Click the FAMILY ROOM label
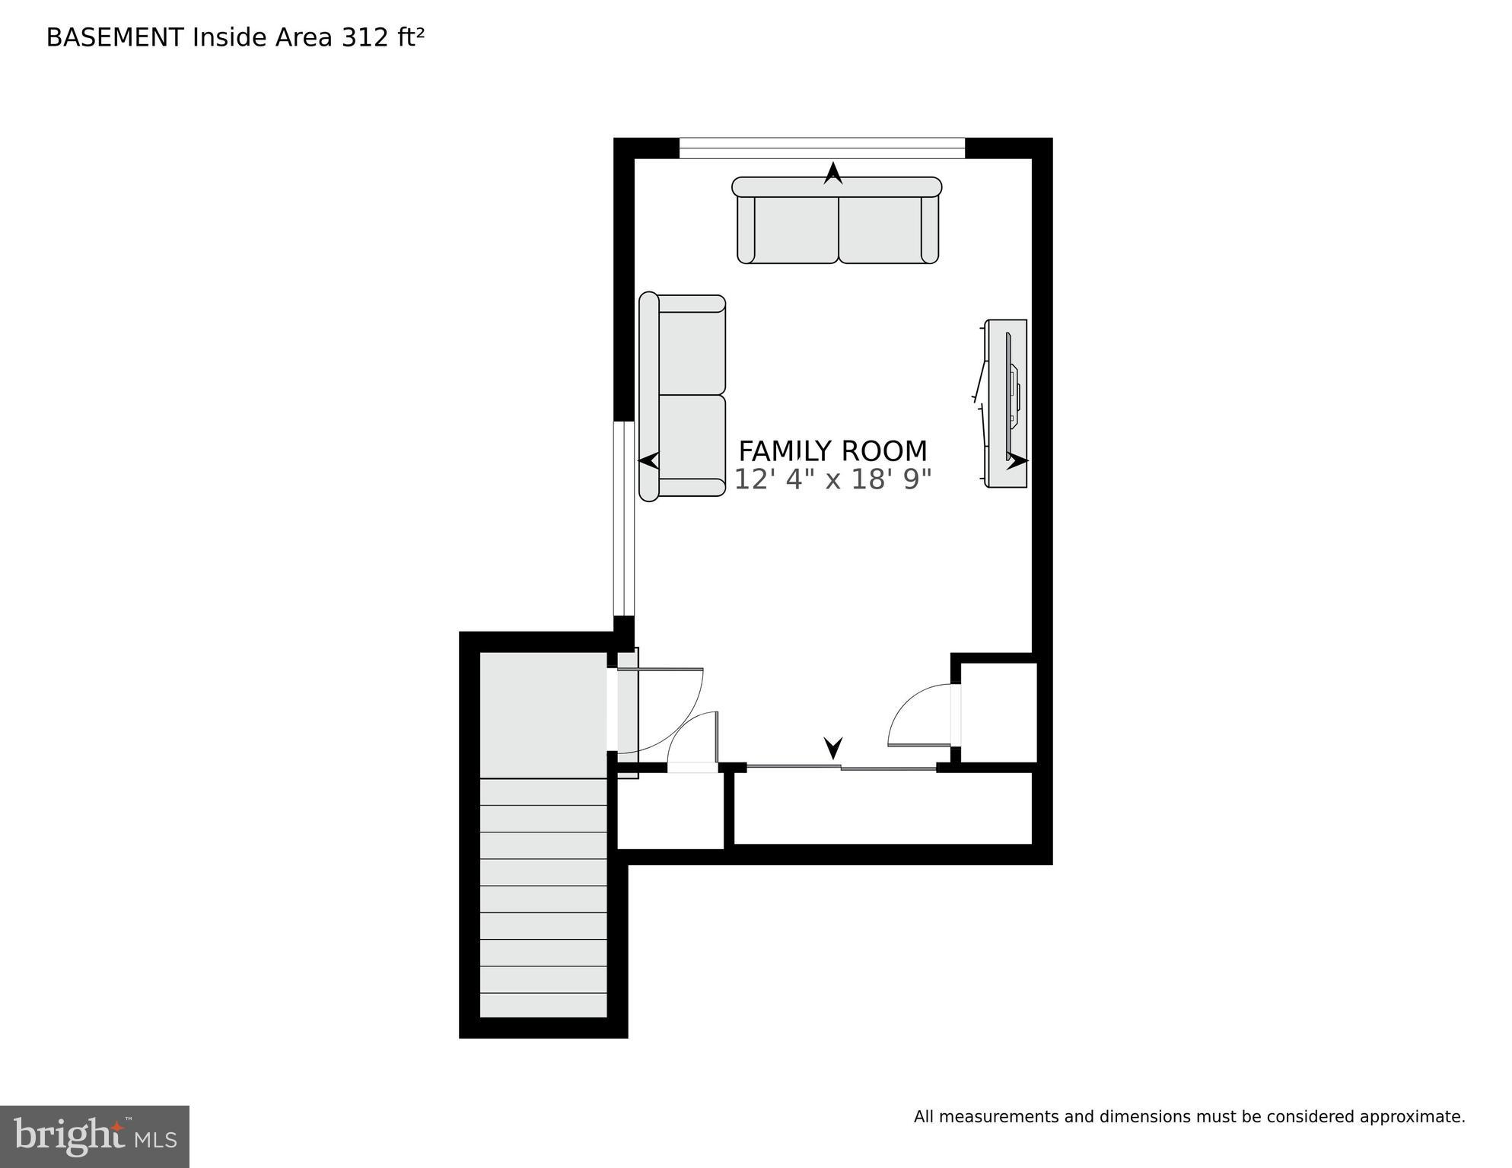[832, 451]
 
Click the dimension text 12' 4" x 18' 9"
[832, 480]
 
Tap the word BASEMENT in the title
[114, 37]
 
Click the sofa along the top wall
[837, 221]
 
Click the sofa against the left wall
[683, 396]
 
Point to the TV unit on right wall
[1006, 403]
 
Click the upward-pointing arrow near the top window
[833, 173]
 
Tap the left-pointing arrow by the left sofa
[648, 460]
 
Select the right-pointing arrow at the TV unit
[1017, 460]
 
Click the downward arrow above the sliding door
[833, 747]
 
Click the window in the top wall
[822, 148]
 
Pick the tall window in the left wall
[624, 517]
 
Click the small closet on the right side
[999, 712]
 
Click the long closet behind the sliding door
[883, 808]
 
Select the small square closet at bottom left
[670, 811]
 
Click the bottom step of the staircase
[543, 1004]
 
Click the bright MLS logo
[94, 1136]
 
